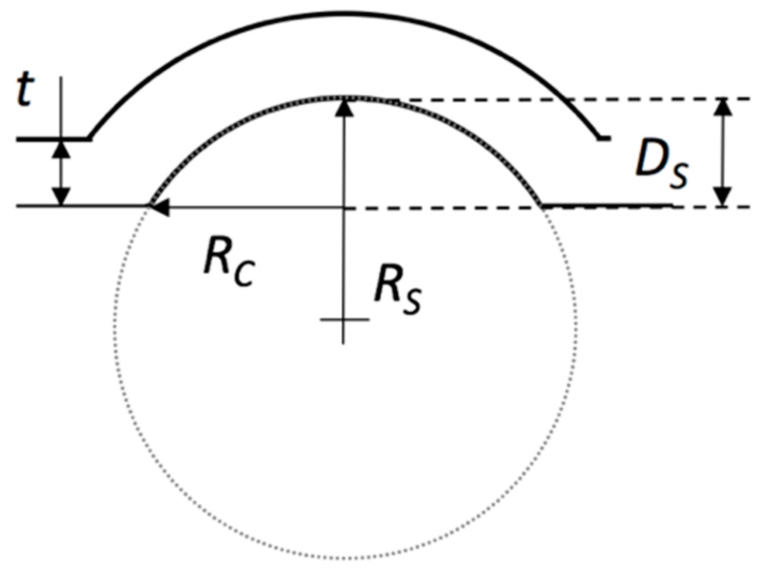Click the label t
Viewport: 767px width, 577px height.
coord(25,91)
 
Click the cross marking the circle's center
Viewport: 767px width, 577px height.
coord(344,320)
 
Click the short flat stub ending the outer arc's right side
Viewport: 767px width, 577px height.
coord(604,138)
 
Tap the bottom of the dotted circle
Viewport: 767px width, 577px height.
coord(345,558)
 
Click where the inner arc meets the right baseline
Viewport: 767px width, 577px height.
coord(543,205)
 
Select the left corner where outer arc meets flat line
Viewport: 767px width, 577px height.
coord(91,138)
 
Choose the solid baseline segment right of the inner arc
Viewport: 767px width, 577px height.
coord(607,205)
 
